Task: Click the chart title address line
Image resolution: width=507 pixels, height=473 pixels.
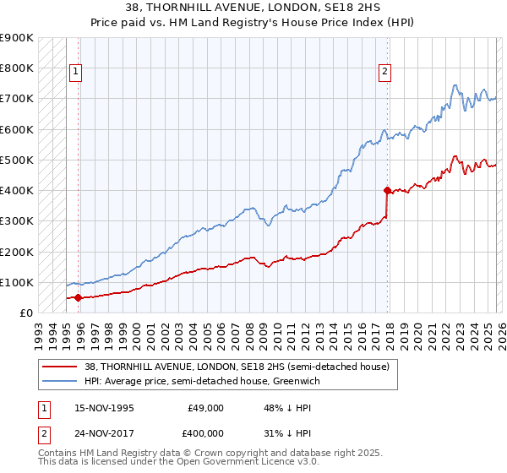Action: pos(253,8)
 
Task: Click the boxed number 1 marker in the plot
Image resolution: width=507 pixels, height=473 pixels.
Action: pos(75,73)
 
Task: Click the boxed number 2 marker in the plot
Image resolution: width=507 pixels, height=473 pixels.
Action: pos(384,73)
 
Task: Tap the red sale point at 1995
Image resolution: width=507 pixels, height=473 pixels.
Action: pos(78,297)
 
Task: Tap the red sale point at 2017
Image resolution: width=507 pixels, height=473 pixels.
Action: pos(387,190)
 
